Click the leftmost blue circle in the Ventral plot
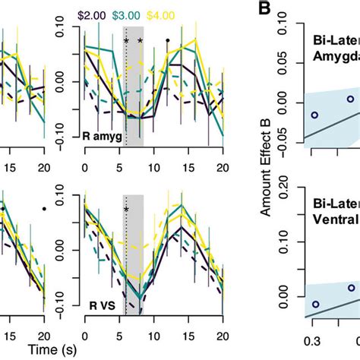click(x=315, y=304)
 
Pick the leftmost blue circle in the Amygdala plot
click(x=314, y=115)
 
